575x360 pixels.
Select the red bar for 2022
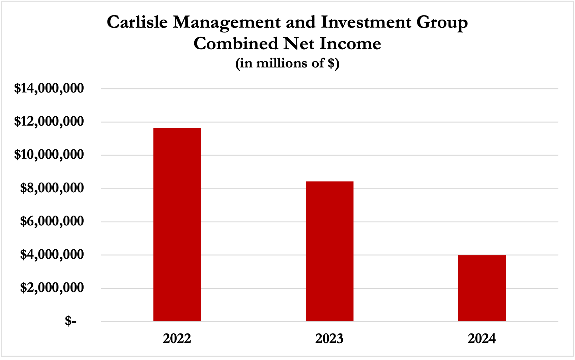pos(177,224)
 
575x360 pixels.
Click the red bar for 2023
pos(329,251)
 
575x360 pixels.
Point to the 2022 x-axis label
pos(177,338)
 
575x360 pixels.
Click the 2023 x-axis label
pos(329,338)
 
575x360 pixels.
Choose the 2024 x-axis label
pos(482,338)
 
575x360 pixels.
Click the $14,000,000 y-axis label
pos(49,88)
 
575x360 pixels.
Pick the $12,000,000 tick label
pos(49,122)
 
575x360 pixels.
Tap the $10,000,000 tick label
pos(49,155)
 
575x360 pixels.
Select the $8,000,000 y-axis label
pos(52,188)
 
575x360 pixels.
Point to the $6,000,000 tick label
pos(52,221)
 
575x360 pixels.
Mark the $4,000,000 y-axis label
pos(52,255)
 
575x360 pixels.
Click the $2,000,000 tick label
pos(52,288)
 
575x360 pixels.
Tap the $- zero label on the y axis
pos(71,321)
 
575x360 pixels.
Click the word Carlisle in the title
pos(137,22)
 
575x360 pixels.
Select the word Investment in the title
pos(366,22)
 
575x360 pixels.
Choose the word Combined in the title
pos(236,44)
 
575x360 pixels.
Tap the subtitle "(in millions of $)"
pos(287,63)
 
